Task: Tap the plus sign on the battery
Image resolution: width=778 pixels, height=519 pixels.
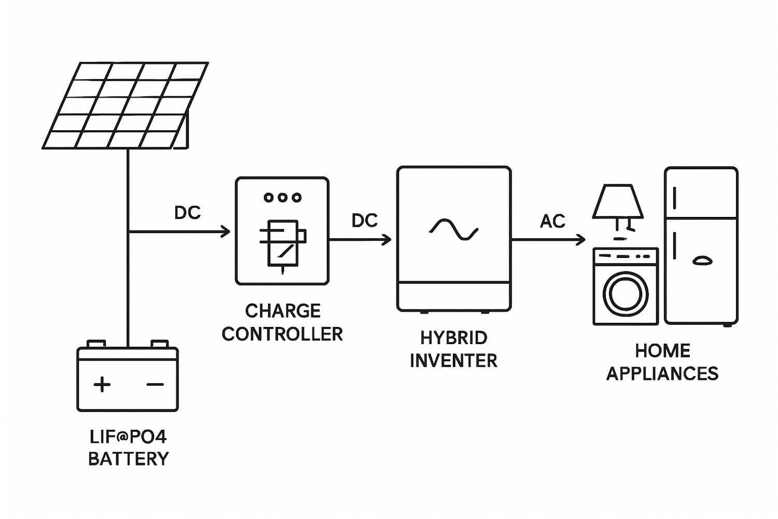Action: [x=102, y=385]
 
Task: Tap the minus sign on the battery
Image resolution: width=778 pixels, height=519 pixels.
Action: [x=155, y=385]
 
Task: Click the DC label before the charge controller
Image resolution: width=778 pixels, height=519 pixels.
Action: [x=187, y=213]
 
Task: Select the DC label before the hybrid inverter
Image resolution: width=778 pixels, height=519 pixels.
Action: [x=364, y=221]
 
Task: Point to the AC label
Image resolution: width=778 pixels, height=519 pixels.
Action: [x=552, y=222]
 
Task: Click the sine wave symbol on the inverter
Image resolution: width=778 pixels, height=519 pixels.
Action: [x=454, y=229]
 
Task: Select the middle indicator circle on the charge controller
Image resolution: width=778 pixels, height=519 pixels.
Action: [x=283, y=197]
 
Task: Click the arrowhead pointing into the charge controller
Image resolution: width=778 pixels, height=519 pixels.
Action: [x=226, y=231]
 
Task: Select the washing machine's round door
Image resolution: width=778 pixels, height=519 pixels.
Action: [x=626, y=293]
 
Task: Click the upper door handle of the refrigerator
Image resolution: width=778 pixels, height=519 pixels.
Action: [x=675, y=198]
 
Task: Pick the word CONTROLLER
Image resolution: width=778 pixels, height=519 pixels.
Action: [x=282, y=334]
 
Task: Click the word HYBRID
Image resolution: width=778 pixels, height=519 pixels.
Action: [x=454, y=338]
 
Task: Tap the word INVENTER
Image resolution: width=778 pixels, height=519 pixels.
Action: [x=454, y=361]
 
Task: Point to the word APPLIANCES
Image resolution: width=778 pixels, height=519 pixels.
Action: [x=662, y=374]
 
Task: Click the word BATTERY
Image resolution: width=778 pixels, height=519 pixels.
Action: [x=129, y=459]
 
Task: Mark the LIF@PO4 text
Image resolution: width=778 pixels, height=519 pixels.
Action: [x=129, y=437]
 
